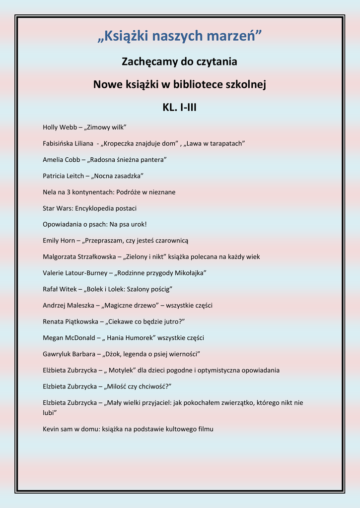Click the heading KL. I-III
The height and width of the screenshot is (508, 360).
tap(180, 107)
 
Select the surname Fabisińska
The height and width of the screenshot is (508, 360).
tap(60, 144)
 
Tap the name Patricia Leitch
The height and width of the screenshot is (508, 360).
tap(63, 176)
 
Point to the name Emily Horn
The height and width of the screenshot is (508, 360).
tap(59, 241)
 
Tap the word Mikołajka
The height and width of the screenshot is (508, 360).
tap(189, 273)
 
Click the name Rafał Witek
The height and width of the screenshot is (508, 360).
tap(59, 289)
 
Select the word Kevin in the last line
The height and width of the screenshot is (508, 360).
tap(52, 429)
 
